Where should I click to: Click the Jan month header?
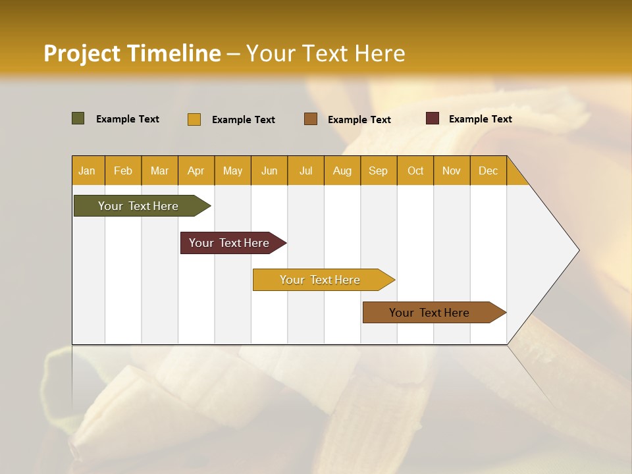[x=87, y=171]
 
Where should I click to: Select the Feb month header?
[x=123, y=171]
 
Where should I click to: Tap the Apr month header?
[x=196, y=171]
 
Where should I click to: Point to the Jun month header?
[x=269, y=171]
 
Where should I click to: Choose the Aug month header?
[x=342, y=171]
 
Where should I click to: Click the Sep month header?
[x=378, y=171]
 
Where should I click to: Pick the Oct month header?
[x=415, y=171]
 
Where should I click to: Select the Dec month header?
[x=488, y=171]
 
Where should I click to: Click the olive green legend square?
[x=78, y=118]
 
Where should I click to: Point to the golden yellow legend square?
[x=194, y=119]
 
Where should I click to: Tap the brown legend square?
[x=311, y=118]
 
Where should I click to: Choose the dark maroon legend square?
[x=433, y=118]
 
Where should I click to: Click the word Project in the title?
[x=82, y=53]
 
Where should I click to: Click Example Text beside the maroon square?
[x=480, y=119]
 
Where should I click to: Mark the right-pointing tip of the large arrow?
[x=577, y=250]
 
